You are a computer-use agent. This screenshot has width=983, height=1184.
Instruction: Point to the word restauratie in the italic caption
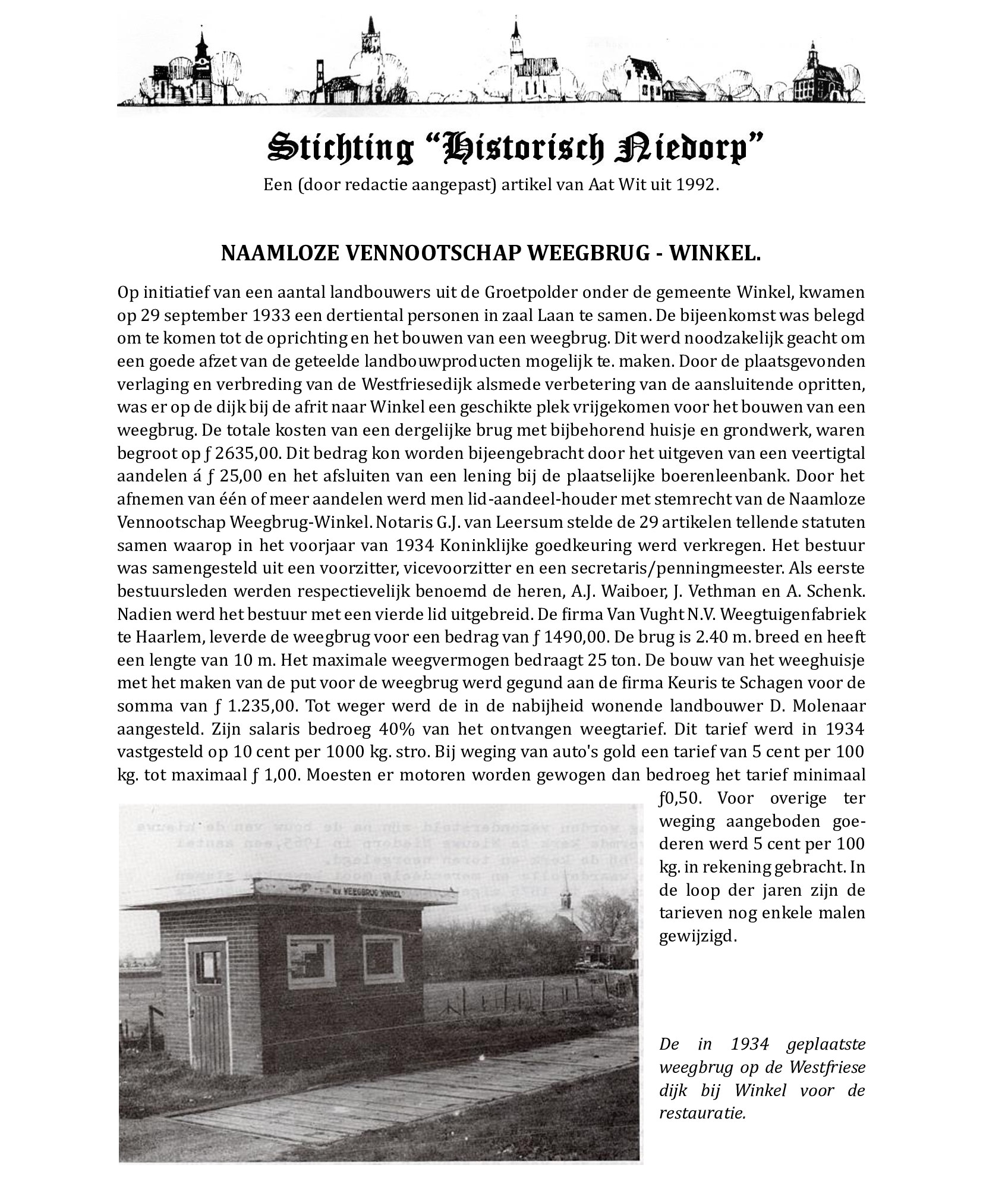[x=702, y=1113]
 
